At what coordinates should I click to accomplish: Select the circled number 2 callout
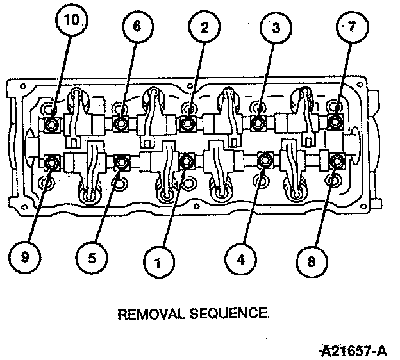point(204,28)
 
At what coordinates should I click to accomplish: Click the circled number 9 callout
point(26,258)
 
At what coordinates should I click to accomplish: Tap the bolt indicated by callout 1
point(187,160)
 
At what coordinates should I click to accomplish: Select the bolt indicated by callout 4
point(263,160)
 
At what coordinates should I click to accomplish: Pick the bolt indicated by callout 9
point(51,161)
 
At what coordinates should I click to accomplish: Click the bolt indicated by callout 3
point(258,122)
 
